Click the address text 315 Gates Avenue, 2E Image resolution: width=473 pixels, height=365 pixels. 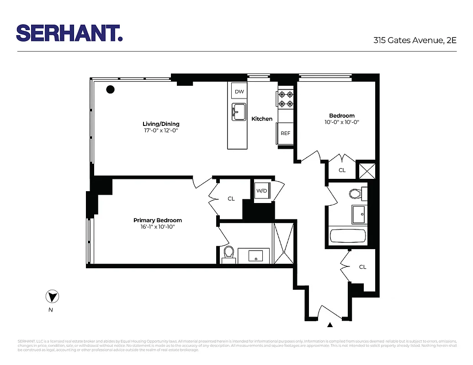click(x=415, y=40)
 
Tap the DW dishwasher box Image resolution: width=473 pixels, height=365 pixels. click(x=239, y=92)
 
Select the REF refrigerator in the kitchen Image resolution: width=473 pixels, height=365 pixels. click(x=285, y=133)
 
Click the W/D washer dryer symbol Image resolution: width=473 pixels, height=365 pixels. click(x=262, y=191)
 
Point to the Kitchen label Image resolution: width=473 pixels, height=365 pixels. click(x=262, y=119)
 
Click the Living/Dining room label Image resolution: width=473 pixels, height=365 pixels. click(x=161, y=124)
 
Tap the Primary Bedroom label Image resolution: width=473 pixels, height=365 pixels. click(x=158, y=220)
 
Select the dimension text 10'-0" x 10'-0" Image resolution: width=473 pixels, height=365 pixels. click(x=342, y=122)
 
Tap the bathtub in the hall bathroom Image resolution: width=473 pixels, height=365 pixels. click(x=348, y=236)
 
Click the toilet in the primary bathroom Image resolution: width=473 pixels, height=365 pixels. click(x=229, y=253)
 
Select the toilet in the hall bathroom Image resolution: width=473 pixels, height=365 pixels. click(x=356, y=194)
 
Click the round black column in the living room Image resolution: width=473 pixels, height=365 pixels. click(x=110, y=89)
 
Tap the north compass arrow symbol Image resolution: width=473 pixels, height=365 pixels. click(x=52, y=297)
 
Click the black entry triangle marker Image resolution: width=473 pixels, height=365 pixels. click(x=330, y=325)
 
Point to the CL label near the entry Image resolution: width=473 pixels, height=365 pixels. click(x=362, y=267)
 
